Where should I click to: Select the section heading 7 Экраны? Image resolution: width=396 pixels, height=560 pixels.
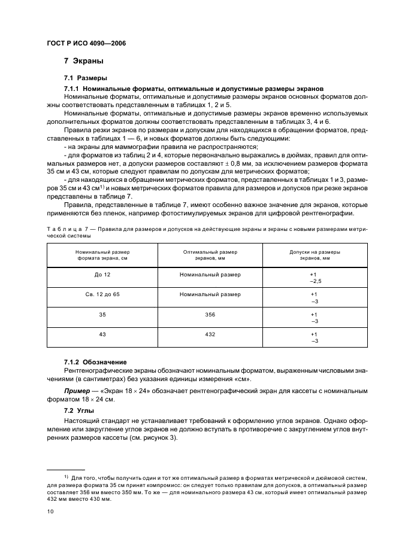point(84,61)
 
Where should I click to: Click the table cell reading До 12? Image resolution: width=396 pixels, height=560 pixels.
point(102,275)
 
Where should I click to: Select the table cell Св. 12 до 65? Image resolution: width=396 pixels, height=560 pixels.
point(102,294)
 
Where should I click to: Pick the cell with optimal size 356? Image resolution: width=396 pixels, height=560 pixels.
point(210,314)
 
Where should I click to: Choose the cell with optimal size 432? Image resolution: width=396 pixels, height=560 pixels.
point(210,334)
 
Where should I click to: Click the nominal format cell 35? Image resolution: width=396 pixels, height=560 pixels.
point(102,314)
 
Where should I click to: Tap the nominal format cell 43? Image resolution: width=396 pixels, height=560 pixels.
point(102,334)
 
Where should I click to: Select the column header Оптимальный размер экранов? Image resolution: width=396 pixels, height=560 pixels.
point(210,255)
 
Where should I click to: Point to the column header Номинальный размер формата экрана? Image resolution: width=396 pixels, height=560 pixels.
point(102,255)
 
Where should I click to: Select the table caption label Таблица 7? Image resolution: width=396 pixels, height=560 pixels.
point(68,229)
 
